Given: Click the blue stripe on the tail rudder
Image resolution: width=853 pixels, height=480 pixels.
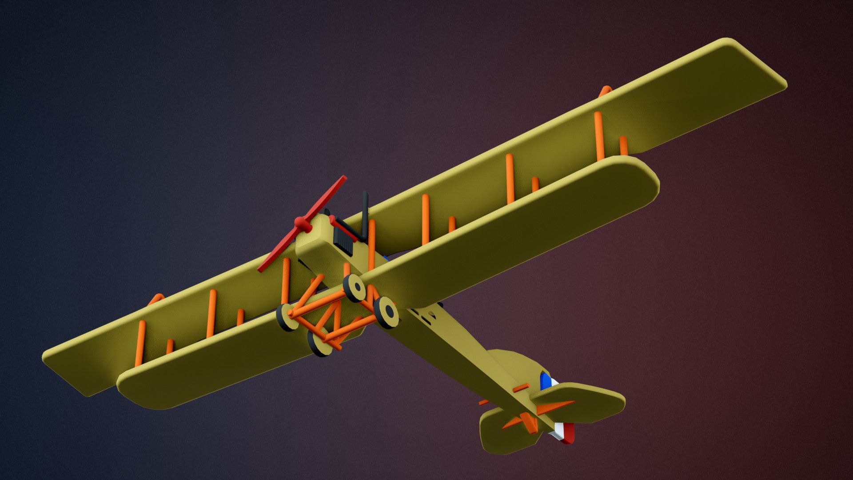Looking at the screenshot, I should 544,380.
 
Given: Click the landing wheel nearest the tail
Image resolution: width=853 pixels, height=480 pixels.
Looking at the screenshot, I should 386,312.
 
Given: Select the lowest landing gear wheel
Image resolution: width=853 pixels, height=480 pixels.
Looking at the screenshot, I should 319,342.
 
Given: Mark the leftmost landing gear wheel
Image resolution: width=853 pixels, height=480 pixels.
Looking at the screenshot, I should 286,317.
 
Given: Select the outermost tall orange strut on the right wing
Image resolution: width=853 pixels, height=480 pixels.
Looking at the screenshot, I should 599,136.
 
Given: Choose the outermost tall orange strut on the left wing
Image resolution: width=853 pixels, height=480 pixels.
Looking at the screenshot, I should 140,342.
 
